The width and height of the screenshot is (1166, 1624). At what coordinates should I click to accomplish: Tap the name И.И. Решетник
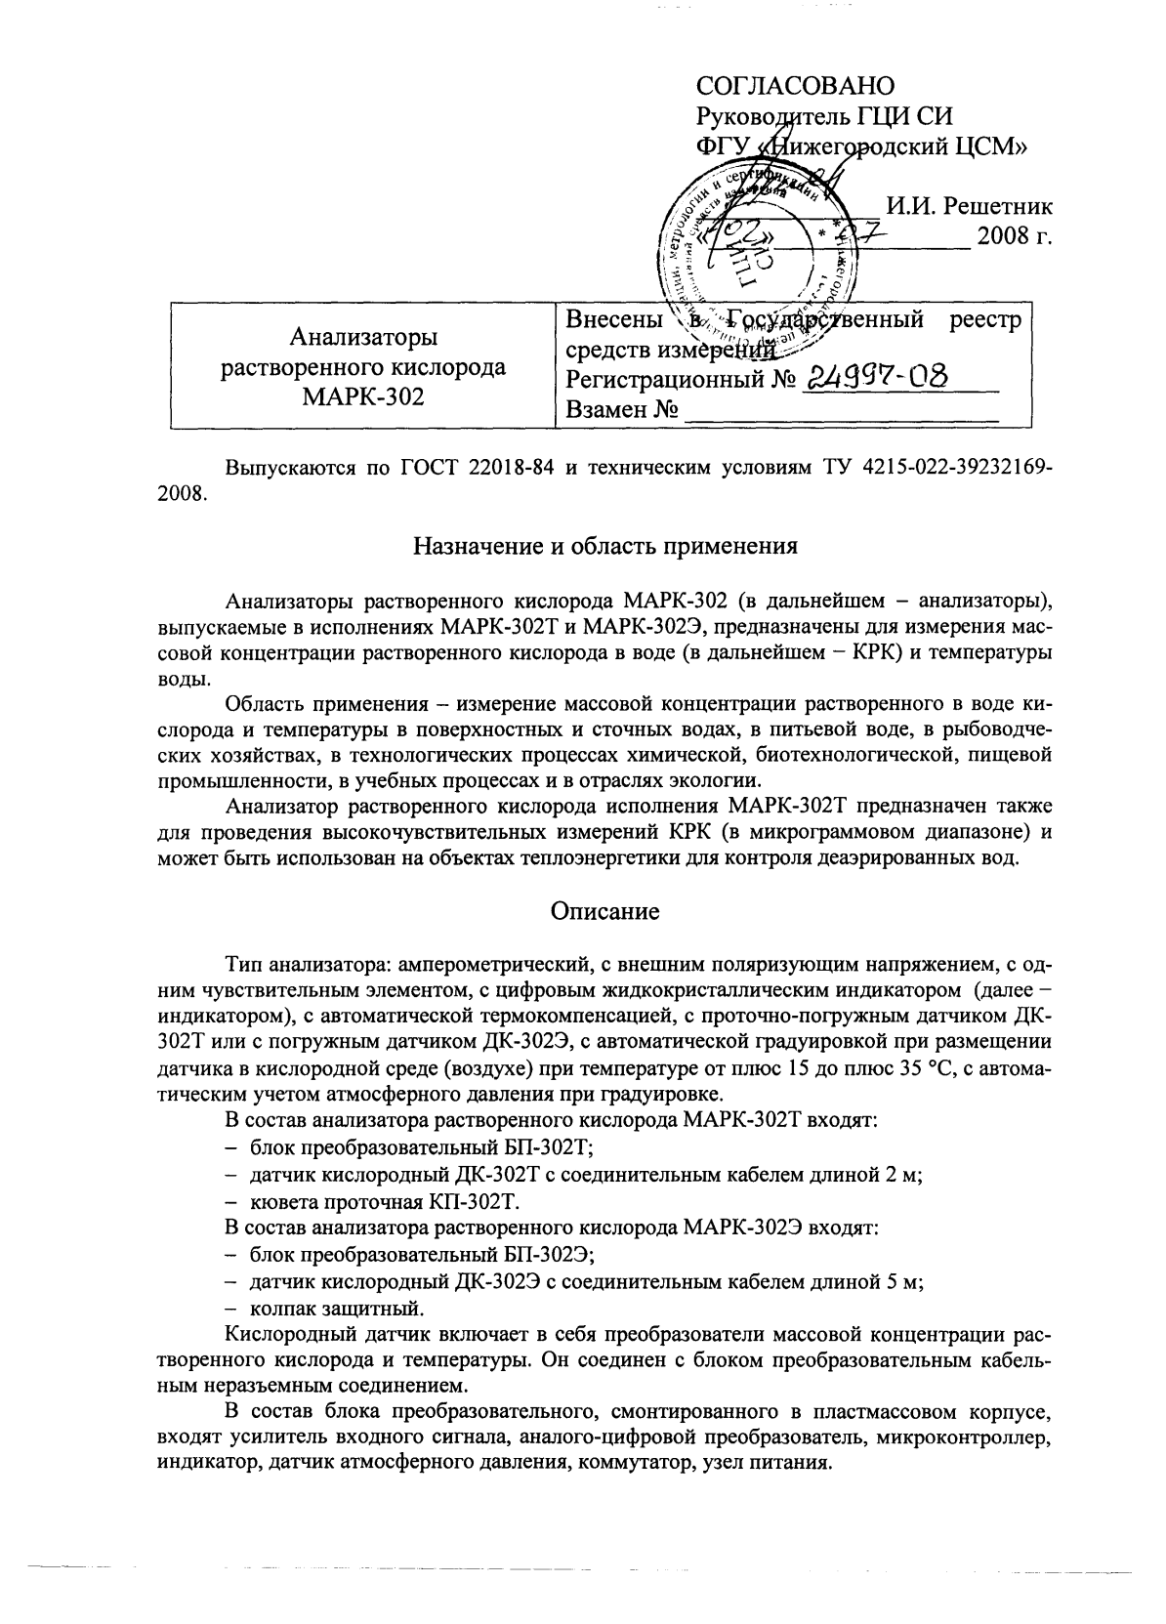(x=968, y=206)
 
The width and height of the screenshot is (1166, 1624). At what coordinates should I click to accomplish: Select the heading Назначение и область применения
(x=605, y=546)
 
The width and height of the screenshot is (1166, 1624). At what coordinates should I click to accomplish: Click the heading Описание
(x=604, y=911)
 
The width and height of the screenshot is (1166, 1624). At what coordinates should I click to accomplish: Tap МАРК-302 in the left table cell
(x=364, y=396)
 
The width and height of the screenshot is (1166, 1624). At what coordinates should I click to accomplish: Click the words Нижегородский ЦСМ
(x=896, y=146)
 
